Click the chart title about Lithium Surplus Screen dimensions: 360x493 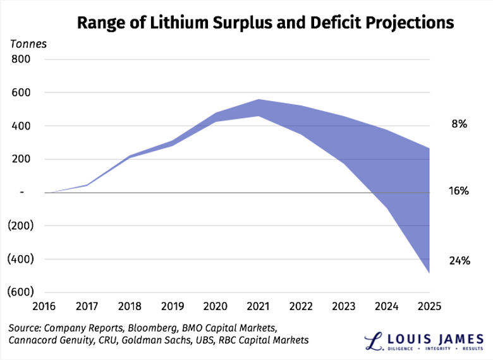265,23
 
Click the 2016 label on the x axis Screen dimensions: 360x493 46,306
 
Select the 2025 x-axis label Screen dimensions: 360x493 428,306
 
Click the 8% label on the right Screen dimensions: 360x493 458,124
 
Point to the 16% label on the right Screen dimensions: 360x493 458,190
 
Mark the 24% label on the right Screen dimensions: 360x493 458,259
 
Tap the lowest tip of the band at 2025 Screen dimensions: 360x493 429,272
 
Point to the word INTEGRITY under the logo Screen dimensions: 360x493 433,349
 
